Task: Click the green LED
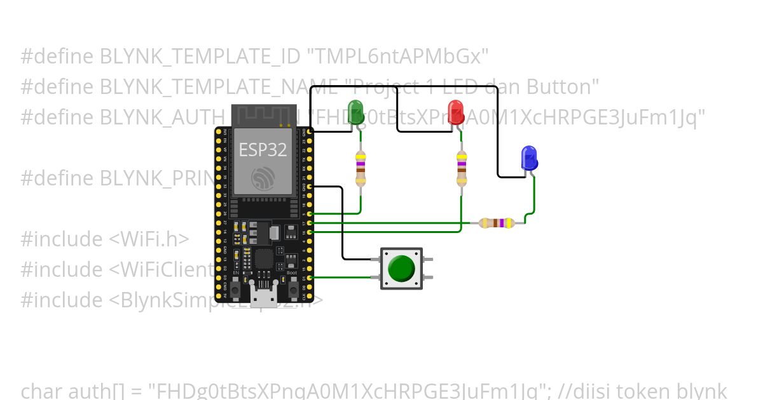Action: [x=355, y=112]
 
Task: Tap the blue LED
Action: [x=528, y=158]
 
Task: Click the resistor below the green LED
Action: [x=361, y=169]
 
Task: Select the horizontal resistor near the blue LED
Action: [x=497, y=223]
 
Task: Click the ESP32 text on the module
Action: [x=263, y=150]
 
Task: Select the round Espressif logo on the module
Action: [x=263, y=179]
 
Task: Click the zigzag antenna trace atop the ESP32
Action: [x=262, y=117]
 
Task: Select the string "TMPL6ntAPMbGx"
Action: [x=398, y=57]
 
